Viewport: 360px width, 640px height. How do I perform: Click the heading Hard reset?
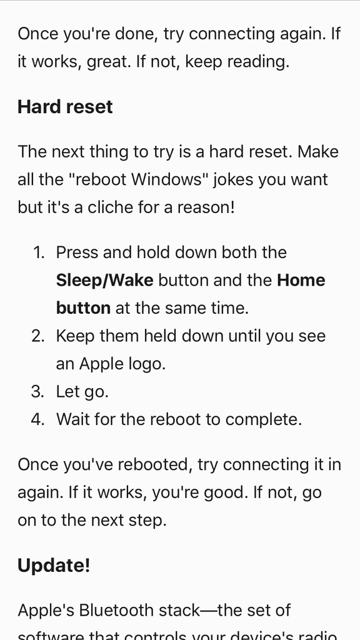(65, 107)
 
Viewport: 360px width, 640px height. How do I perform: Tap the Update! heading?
(54, 566)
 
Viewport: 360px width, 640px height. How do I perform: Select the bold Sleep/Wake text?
(104, 281)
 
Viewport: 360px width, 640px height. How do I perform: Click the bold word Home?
(301, 281)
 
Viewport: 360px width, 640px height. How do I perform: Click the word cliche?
(101, 207)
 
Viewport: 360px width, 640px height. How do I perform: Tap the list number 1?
(38, 252)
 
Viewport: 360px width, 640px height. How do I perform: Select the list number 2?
(37, 336)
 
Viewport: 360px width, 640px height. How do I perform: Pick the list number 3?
(37, 392)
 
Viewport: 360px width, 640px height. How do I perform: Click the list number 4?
(37, 419)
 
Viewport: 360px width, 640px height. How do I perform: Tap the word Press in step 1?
(77, 252)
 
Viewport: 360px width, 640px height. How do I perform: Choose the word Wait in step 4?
(71, 419)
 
